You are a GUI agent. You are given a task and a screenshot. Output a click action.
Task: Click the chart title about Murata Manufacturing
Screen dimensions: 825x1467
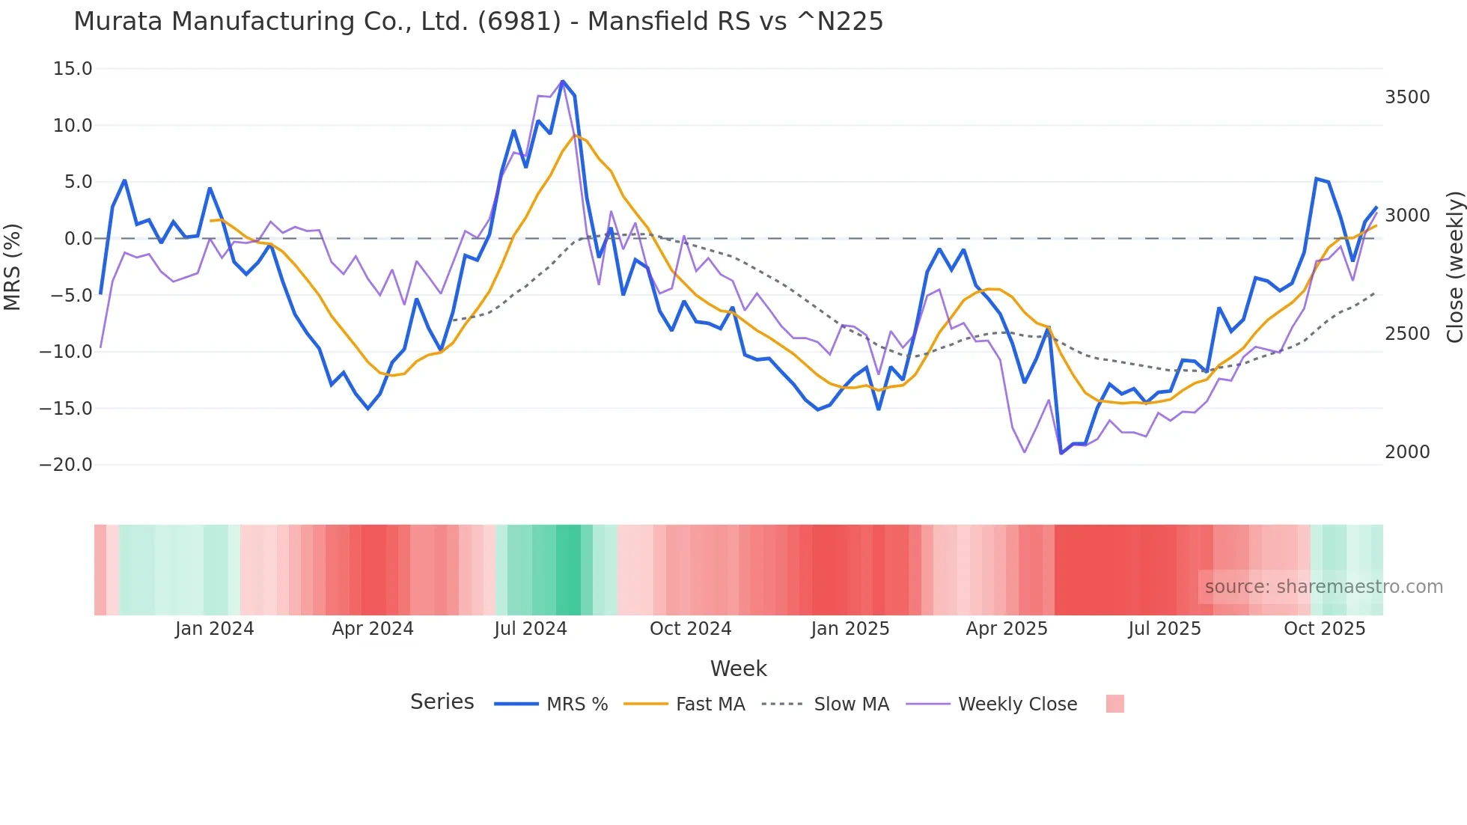[x=478, y=22]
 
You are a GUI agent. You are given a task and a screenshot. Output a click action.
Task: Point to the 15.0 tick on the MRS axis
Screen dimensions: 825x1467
[x=73, y=69]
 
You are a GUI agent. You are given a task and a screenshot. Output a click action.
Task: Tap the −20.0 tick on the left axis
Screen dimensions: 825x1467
[x=66, y=465]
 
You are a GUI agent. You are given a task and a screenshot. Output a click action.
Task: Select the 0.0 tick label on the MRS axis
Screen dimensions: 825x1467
[x=78, y=239]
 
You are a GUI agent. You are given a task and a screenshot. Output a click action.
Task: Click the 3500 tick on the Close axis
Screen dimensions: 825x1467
[x=1407, y=97]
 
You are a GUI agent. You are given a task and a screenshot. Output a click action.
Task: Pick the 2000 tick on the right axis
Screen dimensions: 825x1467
[x=1407, y=452]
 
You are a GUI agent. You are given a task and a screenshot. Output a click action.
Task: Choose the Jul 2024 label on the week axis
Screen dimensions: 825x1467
[x=530, y=629]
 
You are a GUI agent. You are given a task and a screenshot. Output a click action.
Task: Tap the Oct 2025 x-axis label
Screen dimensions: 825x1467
[x=1324, y=629]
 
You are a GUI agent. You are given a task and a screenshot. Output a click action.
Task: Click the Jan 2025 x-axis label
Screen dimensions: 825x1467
[x=850, y=629]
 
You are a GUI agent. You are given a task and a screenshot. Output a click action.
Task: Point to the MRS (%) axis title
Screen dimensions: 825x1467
[x=13, y=267]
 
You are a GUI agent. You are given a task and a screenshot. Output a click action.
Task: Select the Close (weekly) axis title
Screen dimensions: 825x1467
[x=1454, y=267]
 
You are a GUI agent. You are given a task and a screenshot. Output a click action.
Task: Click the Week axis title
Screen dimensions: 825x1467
[x=738, y=669]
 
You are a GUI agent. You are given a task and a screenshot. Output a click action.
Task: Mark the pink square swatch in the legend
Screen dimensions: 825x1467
[x=1114, y=704]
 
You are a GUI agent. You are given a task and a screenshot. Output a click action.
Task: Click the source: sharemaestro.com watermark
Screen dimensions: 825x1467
[x=1323, y=587]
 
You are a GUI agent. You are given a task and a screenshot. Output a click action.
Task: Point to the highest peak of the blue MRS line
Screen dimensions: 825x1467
[x=563, y=81]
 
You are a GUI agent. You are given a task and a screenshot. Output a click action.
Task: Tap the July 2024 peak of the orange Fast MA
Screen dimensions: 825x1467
[x=576, y=136]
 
